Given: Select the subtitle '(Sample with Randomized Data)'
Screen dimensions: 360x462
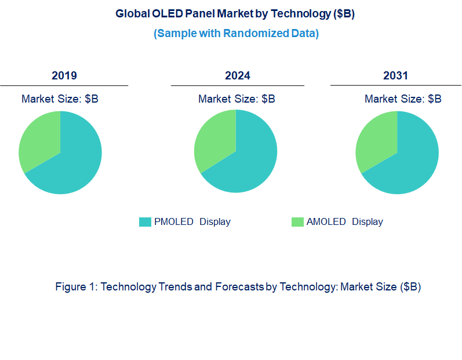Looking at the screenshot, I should (236, 33).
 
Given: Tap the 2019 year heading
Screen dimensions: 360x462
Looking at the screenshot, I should (64, 76).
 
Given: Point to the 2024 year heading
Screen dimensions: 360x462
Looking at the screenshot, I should (238, 76).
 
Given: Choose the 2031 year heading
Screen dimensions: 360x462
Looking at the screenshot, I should (395, 76).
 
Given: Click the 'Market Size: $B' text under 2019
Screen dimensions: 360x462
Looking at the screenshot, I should (60, 99).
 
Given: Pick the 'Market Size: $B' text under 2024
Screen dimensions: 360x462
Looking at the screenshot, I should (237, 99).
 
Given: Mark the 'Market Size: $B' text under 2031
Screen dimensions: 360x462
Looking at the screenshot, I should (403, 99).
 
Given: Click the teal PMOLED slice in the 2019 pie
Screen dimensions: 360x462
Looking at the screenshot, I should (72, 165).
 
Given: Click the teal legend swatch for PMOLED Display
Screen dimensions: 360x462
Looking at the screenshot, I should (145, 222).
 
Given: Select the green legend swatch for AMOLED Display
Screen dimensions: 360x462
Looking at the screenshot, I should (297, 222).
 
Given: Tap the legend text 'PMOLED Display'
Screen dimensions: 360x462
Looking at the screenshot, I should (192, 222).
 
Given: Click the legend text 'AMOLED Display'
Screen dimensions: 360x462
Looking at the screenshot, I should (344, 222).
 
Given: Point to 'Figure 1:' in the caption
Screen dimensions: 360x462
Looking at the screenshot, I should (77, 287).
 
